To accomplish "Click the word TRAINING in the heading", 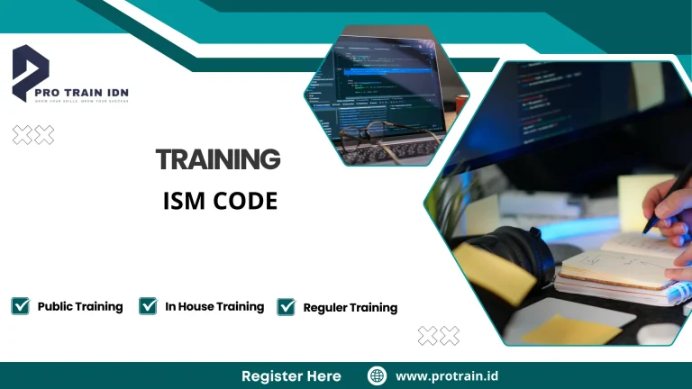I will coord(218,159).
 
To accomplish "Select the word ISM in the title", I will coord(185,202).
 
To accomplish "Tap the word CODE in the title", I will coord(245,202).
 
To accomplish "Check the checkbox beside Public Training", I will coord(20,306).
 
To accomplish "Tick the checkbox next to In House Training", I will coord(149,306).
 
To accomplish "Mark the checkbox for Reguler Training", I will coord(287,307).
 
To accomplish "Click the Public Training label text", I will coord(80,306).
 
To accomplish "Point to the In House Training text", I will coord(214,306).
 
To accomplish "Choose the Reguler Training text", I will coord(351,307).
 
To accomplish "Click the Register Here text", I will coord(291,375).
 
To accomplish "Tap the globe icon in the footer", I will coord(378,375).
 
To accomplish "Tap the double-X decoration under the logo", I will coord(33,135).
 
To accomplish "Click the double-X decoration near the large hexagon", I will coord(439,336).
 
